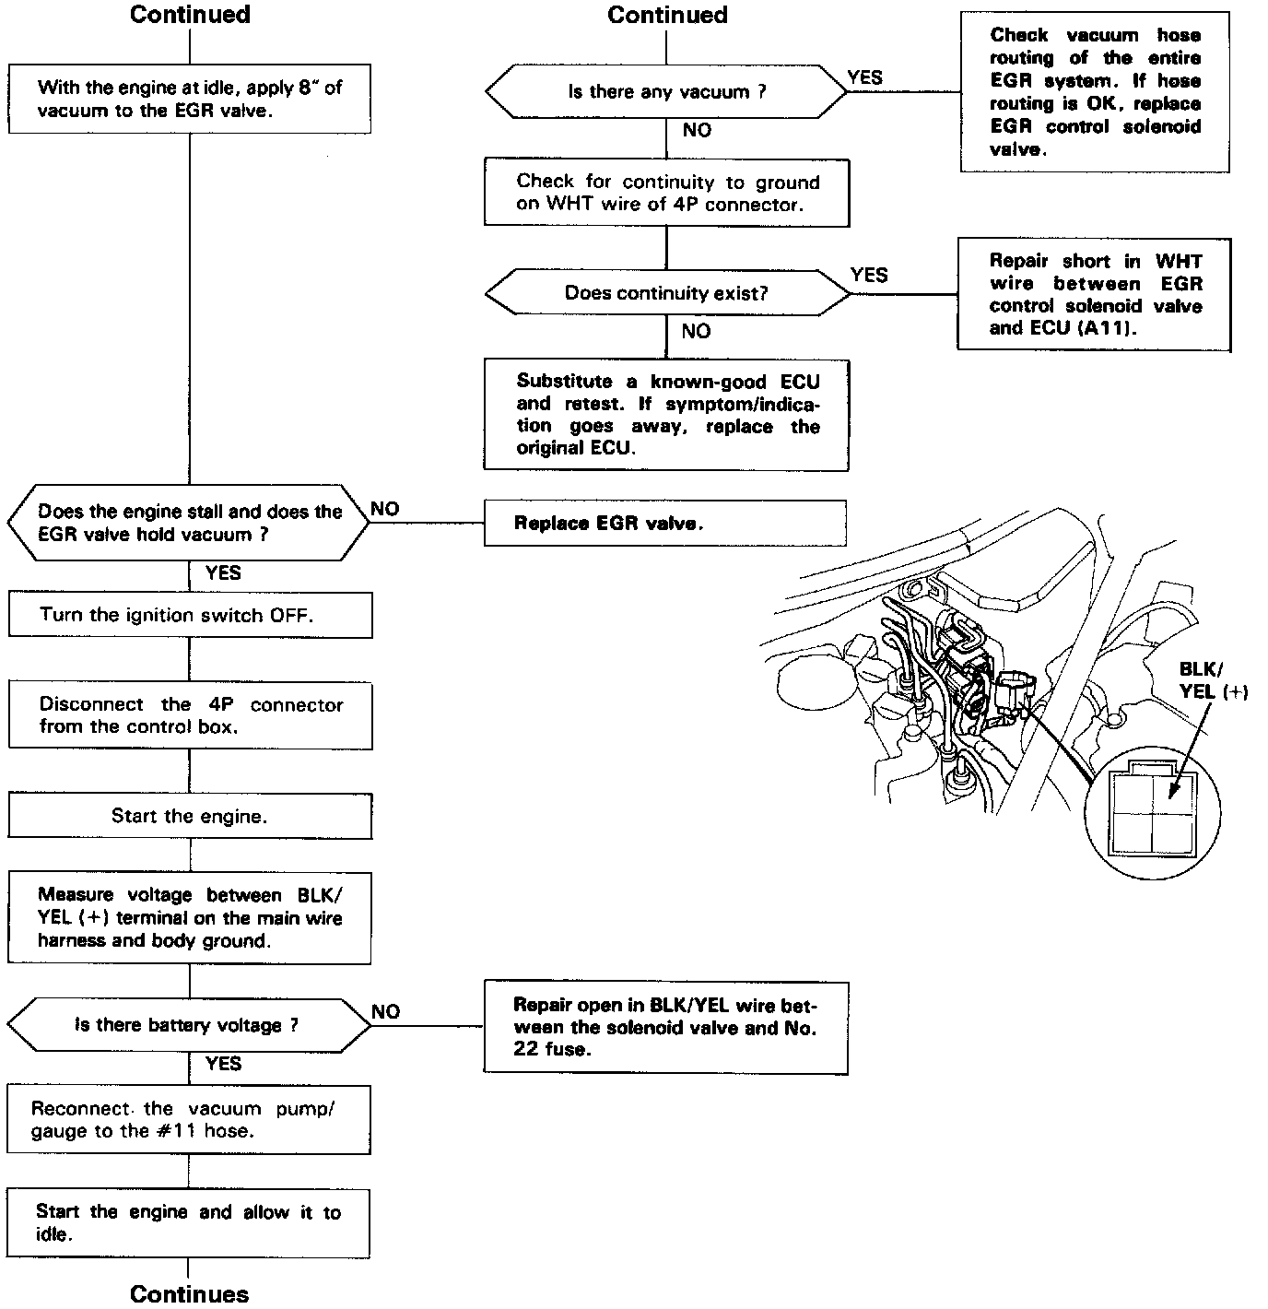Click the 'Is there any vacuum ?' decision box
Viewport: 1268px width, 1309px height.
pyautogui.click(x=665, y=92)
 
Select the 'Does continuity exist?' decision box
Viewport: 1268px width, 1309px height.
pyautogui.click(x=666, y=294)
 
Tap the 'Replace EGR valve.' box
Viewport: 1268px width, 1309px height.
pyautogui.click(x=664, y=524)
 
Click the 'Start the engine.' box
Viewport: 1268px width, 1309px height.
pyautogui.click(x=190, y=816)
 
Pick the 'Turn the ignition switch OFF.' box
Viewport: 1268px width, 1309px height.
pyautogui.click(x=190, y=615)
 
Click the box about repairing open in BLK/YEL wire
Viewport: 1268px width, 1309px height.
pyautogui.click(x=665, y=1028)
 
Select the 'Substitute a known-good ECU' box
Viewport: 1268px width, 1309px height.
pyautogui.click(x=666, y=415)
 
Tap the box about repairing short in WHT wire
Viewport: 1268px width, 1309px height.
pyautogui.click(x=1094, y=295)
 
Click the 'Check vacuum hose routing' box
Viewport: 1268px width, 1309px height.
pyautogui.click(x=1095, y=92)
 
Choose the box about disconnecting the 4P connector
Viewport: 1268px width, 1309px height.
pyautogui.click(x=190, y=715)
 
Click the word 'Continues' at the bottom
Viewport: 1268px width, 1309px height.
pyautogui.click(x=190, y=1294)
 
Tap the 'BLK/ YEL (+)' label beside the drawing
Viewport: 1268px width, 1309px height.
pyautogui.click(x=1213, y=680)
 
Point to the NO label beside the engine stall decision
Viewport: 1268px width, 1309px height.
pyautogui.click(x=385, y=510)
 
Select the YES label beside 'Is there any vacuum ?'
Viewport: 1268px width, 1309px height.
pyautogui.click(x=864, y=78)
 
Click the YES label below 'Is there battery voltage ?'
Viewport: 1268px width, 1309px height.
pyautogui.click(x=223, y=1064)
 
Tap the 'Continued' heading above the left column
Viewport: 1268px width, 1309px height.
pyautogui.click(x=190, y=15)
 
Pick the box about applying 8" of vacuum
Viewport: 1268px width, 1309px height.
pyautogui.click(x=190, y=99)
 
